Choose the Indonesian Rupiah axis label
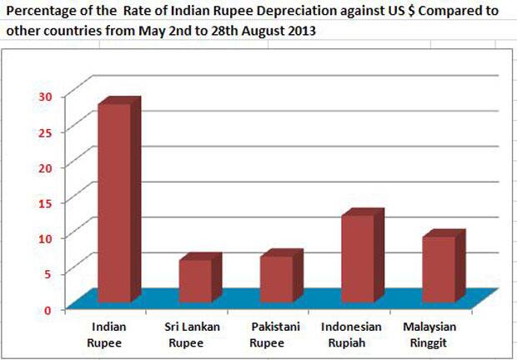click(x=351, y=334)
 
